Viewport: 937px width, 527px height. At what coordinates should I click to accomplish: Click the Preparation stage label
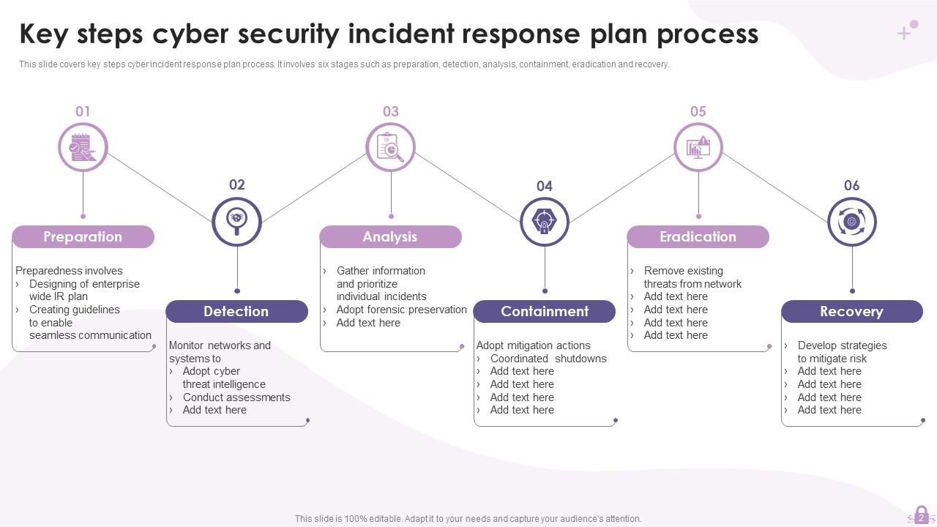[83, 236]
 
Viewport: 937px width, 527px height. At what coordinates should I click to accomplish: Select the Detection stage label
[236, 311]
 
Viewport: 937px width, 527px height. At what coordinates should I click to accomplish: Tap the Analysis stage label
[390, 236]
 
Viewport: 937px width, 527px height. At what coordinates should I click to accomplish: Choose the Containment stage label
[544, 311]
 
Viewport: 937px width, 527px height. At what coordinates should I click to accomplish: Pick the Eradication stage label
[698, 236]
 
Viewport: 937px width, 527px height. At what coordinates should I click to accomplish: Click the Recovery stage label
[851, 311]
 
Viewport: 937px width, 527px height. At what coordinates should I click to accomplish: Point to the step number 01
[83, 111]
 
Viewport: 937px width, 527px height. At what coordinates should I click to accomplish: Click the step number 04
[544, 186]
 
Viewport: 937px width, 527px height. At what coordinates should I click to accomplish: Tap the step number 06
[851, 185]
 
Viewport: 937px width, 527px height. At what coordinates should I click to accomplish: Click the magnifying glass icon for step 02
[236, 220]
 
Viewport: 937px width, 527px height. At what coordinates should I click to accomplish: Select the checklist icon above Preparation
[83, 147]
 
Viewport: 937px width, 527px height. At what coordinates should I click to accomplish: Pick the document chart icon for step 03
[390, 147]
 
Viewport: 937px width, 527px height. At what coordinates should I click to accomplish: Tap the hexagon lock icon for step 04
[544, 221]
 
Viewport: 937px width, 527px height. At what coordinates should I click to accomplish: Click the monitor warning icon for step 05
[698, 147]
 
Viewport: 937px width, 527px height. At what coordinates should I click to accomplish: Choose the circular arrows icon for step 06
[851, 221]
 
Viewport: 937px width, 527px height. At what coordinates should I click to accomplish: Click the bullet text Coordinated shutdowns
[548, 359]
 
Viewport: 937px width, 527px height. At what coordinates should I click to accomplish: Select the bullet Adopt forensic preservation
[401, 310]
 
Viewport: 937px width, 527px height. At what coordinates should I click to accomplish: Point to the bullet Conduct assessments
[236, 397]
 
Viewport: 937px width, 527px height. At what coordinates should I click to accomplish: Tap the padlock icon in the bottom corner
[921, 515]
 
